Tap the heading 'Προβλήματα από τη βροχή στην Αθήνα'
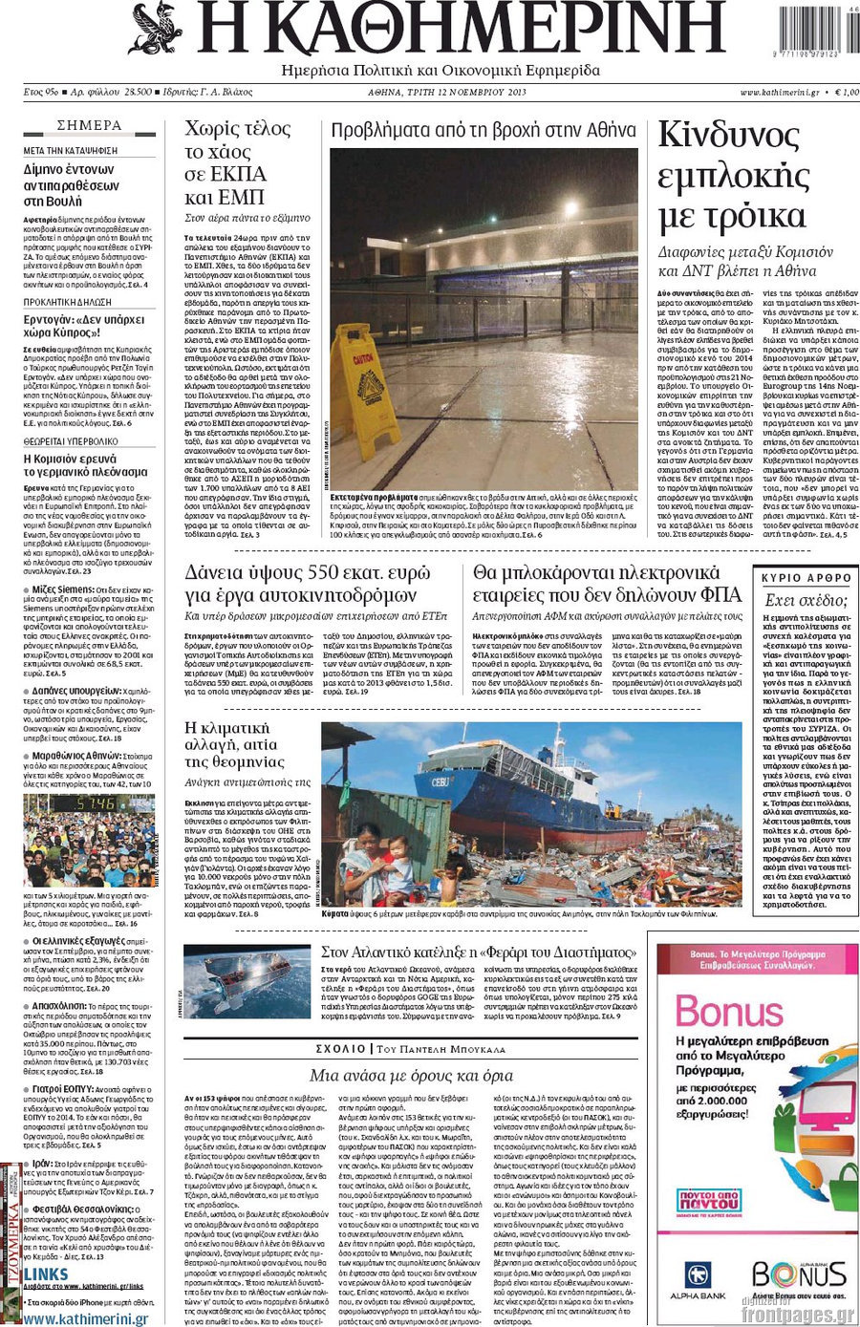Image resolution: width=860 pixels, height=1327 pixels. click(484, 130)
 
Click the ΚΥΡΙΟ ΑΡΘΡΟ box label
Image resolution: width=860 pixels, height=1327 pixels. click(806, 577)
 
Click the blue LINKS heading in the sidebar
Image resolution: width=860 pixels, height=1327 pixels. click(46, 1274)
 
